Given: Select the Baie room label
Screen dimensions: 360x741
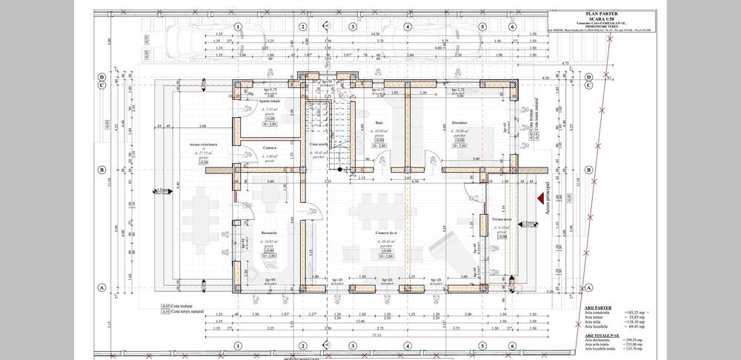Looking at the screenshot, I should [x=379, y=122].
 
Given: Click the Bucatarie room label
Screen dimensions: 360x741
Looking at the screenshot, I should [x=269, y=233].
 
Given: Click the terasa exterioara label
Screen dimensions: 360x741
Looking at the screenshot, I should [x=202, y=145].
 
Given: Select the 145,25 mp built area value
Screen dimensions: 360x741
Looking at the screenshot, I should [x=636, y=312].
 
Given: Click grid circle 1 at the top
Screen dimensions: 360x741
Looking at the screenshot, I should [x=238, y=27].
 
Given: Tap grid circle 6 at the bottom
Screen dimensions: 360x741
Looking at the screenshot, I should [x=512, y=346].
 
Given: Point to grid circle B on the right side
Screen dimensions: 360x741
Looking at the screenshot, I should [x=588, y=169].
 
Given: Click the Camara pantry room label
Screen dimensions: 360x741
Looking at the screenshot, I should [x=269, y=147].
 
